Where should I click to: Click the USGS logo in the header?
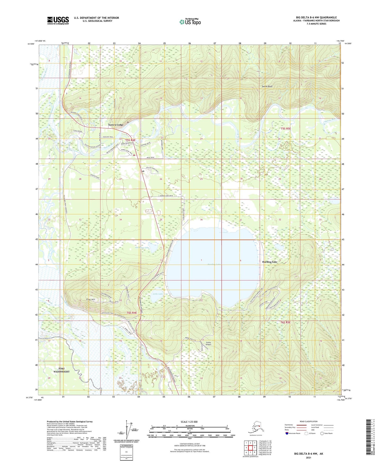coord(58,20)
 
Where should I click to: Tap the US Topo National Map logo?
coord(190,21)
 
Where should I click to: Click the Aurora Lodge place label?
coord(116,125)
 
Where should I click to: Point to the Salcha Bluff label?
coord(267,86)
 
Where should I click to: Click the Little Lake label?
coord(158,294)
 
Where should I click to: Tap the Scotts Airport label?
coord(209,343)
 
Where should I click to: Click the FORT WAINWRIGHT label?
coord(61,370)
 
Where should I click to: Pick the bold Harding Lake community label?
coord(270,262)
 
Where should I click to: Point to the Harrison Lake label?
coord(142,247)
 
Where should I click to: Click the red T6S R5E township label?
coord(285,322)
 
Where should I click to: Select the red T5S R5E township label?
coord(286,129)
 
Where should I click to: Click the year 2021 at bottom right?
coord(308,457)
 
